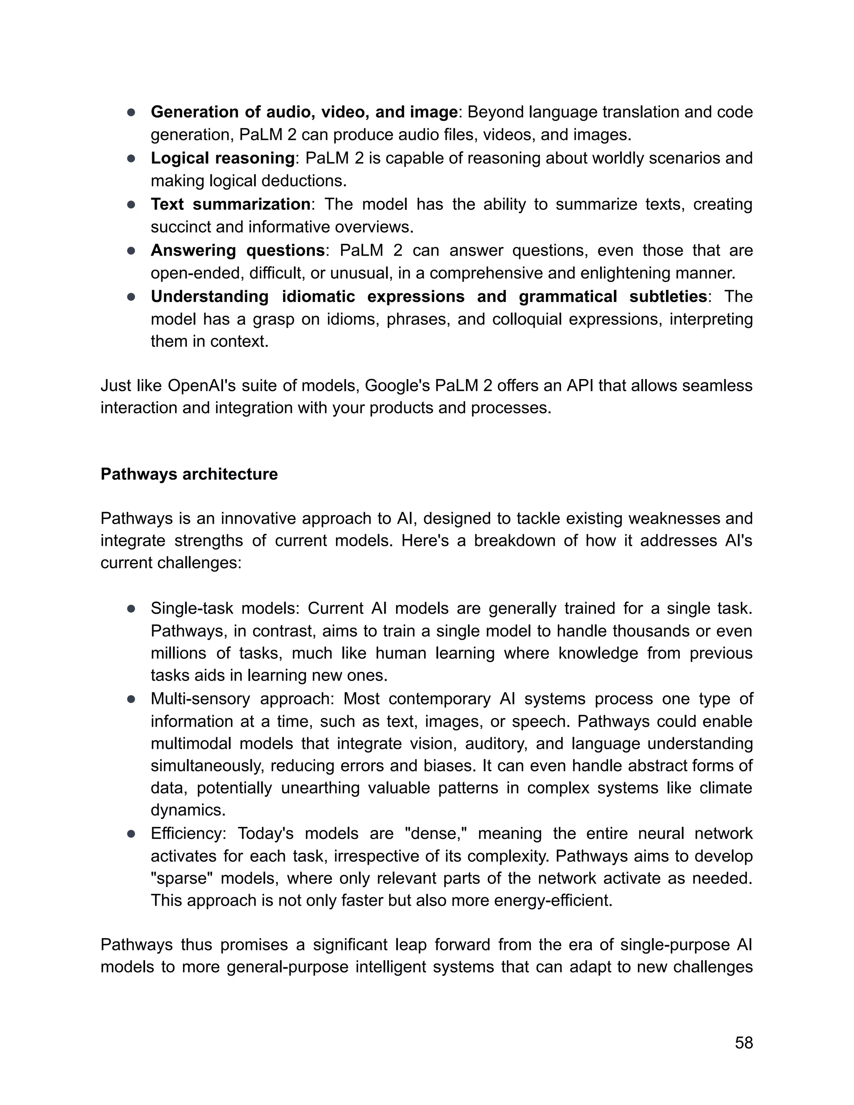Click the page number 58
pos(744,1043)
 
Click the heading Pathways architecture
pos(189,474)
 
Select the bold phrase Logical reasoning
pos(223,158)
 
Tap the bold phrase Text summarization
pos(230,204)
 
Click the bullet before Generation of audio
pos(131,112)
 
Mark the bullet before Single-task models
pos(131,609)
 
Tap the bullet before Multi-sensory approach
pos(131,699)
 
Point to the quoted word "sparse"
pos(179,878)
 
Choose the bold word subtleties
pos(668,296)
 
